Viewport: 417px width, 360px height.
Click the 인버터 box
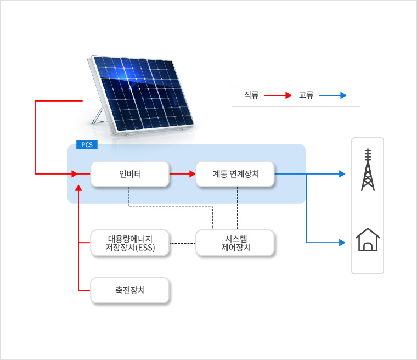(129, 174)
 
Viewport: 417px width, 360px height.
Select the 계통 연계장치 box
(235, 174)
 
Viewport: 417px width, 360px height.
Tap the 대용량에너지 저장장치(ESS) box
(129, 243)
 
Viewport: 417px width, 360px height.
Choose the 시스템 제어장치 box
(235, 243)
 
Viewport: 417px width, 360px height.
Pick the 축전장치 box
(129, 290)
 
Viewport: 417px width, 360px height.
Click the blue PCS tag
(87, 145)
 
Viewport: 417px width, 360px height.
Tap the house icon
(368, 240)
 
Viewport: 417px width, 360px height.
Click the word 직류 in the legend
(251, 95)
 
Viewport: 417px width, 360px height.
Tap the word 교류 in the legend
(306, 95)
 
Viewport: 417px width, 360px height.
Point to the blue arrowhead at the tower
(342, 174)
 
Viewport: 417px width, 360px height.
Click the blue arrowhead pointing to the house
(342, 242)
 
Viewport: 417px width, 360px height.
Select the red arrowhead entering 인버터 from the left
(74, 174)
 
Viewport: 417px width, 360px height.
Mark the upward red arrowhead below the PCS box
(79, 188)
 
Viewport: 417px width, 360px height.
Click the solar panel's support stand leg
(99, 116)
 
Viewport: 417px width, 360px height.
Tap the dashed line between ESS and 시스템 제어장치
(182, 243)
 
